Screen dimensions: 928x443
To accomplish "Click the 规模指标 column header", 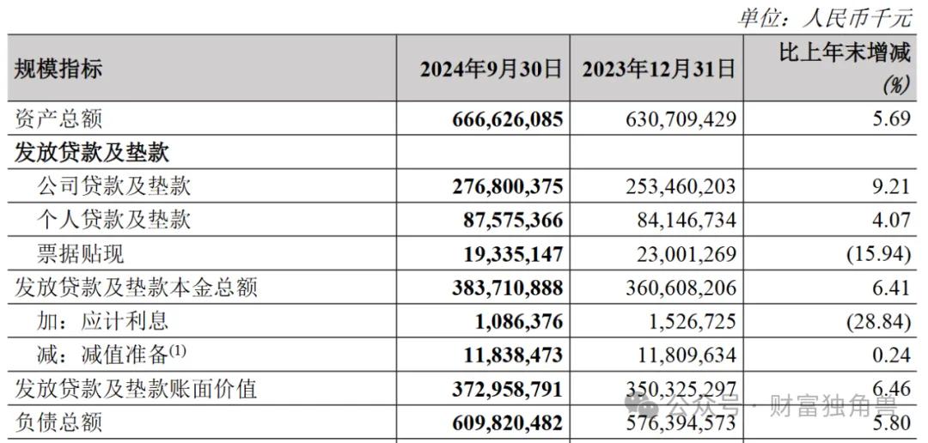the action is (x=58, y=70).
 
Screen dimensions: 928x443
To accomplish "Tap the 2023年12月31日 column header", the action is (x=659, y=70).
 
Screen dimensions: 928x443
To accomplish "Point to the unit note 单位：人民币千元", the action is (x=825, y=18).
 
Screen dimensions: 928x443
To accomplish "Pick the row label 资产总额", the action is (x=58, y=119).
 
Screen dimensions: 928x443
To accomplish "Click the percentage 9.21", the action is (x=890, y=187).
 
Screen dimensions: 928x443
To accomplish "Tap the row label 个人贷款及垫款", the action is (x=113, y=221).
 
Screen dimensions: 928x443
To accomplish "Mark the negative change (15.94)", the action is (x=878, y=254).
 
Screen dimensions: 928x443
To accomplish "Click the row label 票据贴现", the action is (x=81, y=254).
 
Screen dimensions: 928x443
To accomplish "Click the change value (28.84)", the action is (x=878, y=322).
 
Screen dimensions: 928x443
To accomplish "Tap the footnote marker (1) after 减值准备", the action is (x=178, y=350).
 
